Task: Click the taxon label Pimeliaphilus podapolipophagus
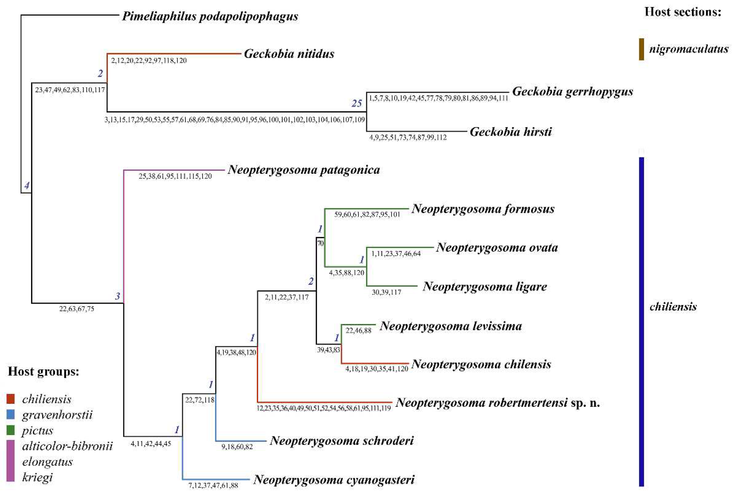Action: (x=210, y=16)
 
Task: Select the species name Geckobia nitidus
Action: (x=289, y=54)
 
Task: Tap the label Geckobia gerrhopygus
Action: (x=572, y=91)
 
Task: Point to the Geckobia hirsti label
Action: (x=511, y=132)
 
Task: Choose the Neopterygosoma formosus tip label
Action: (x=483, y=209)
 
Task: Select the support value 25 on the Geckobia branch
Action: (x=357, y=103)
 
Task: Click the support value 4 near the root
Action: (x=27, y=185)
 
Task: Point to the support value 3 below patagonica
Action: (x=118, y=296)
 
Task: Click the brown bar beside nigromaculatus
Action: (x=641, y=49)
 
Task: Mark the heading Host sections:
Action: (x=683, y=12)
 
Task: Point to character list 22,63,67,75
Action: (x=77, y=309)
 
